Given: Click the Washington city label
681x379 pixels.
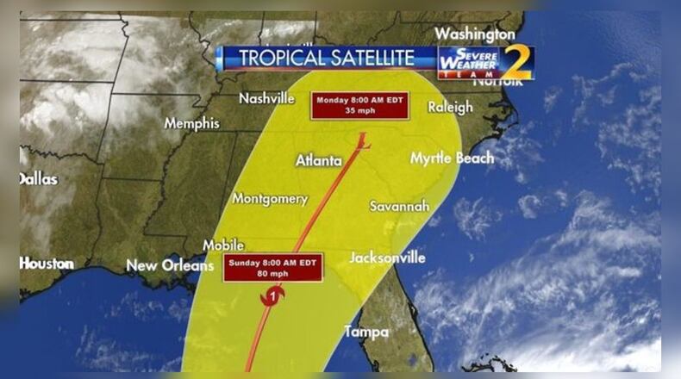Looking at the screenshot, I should [x=475, y=34].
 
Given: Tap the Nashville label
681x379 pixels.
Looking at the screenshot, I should [x=266, y=99].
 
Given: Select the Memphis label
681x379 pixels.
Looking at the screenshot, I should [x=191, y=123].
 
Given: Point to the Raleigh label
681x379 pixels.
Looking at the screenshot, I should [x=449, y=108].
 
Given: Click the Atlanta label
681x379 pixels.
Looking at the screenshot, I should [x=319, y=160].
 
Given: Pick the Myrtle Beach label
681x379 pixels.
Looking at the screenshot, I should [x=452, y=158].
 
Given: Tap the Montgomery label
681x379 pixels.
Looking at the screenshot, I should [x=270, y=199].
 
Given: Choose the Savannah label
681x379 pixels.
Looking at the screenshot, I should [x=399, y=207].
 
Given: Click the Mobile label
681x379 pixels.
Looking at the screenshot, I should [x=223, y=245].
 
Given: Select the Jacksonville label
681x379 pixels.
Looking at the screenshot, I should [x=387, y=258].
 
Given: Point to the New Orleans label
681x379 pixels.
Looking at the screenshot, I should [x=170, y=266].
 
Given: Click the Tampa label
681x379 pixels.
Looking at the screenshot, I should [x=366, y=332].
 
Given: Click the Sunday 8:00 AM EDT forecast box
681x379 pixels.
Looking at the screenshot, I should [x=272, y=268].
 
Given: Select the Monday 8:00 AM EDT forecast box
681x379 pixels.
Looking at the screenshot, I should [x=358, y=105].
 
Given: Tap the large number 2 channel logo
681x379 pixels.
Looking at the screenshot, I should [x=515, y=63].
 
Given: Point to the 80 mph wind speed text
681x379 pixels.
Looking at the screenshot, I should [x=272, y=274].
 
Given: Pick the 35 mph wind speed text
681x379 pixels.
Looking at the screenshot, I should [x=358, y=111].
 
